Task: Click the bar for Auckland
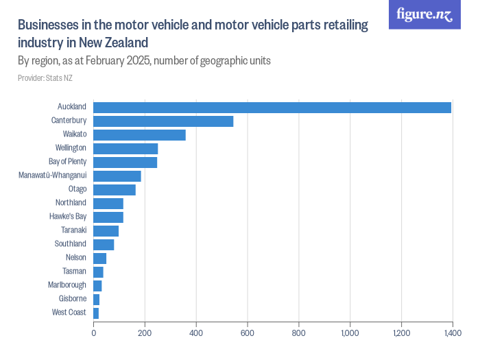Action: [x=272, y=108]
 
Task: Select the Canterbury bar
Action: [x=163, y=121]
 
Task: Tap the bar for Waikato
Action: [x=139, y=135]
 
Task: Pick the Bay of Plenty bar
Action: [x=125, y=163]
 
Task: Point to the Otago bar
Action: [x=115, y=190]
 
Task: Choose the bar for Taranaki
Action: [x=106, y=231]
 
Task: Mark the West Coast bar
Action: [x=96, y=313]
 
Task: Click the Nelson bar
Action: [x=100, y=259]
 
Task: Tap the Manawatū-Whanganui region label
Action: [x=53, y=176]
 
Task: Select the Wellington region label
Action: [x=71, y=148]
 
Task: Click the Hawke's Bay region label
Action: [x=68, y=217]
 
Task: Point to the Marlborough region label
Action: [x=67, y=285]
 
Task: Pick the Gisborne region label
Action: [x=73, y=298]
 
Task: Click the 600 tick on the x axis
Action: [x=248, y=333]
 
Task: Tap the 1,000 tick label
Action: [x=350, y=333]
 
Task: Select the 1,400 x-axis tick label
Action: [x=453, y=333]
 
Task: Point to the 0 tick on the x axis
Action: [x=94, y=333]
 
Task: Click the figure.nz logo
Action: [x=424, y=14]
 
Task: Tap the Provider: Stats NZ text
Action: [x=45, y=78]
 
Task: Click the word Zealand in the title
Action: [x=126, y=43]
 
